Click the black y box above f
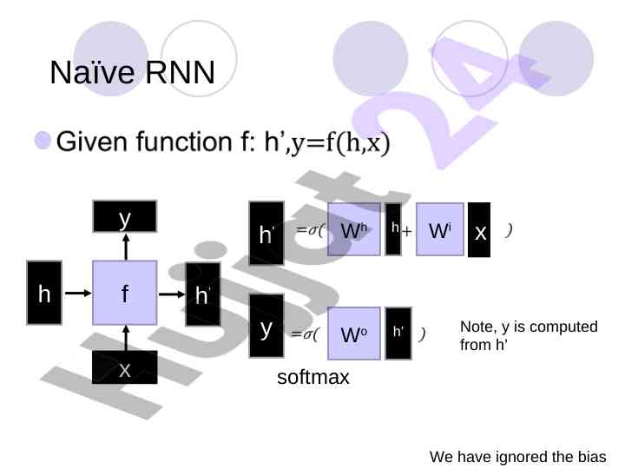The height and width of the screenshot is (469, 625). [x=125, y=216]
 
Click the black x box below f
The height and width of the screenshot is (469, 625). [x=125, y=368]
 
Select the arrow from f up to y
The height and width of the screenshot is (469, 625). [x=125, y=247]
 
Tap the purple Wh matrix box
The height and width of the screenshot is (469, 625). [x=354, y=230]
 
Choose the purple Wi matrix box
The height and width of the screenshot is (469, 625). [x=440, y=230]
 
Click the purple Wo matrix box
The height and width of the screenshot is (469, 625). [x=354, y=334]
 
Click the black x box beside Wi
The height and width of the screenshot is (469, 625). [x=479, y=231]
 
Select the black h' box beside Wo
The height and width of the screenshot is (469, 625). [x=398, y=333]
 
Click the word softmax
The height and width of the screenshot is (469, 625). [x=312, y=379]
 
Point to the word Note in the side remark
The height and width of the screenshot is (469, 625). [x=476, y=327]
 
